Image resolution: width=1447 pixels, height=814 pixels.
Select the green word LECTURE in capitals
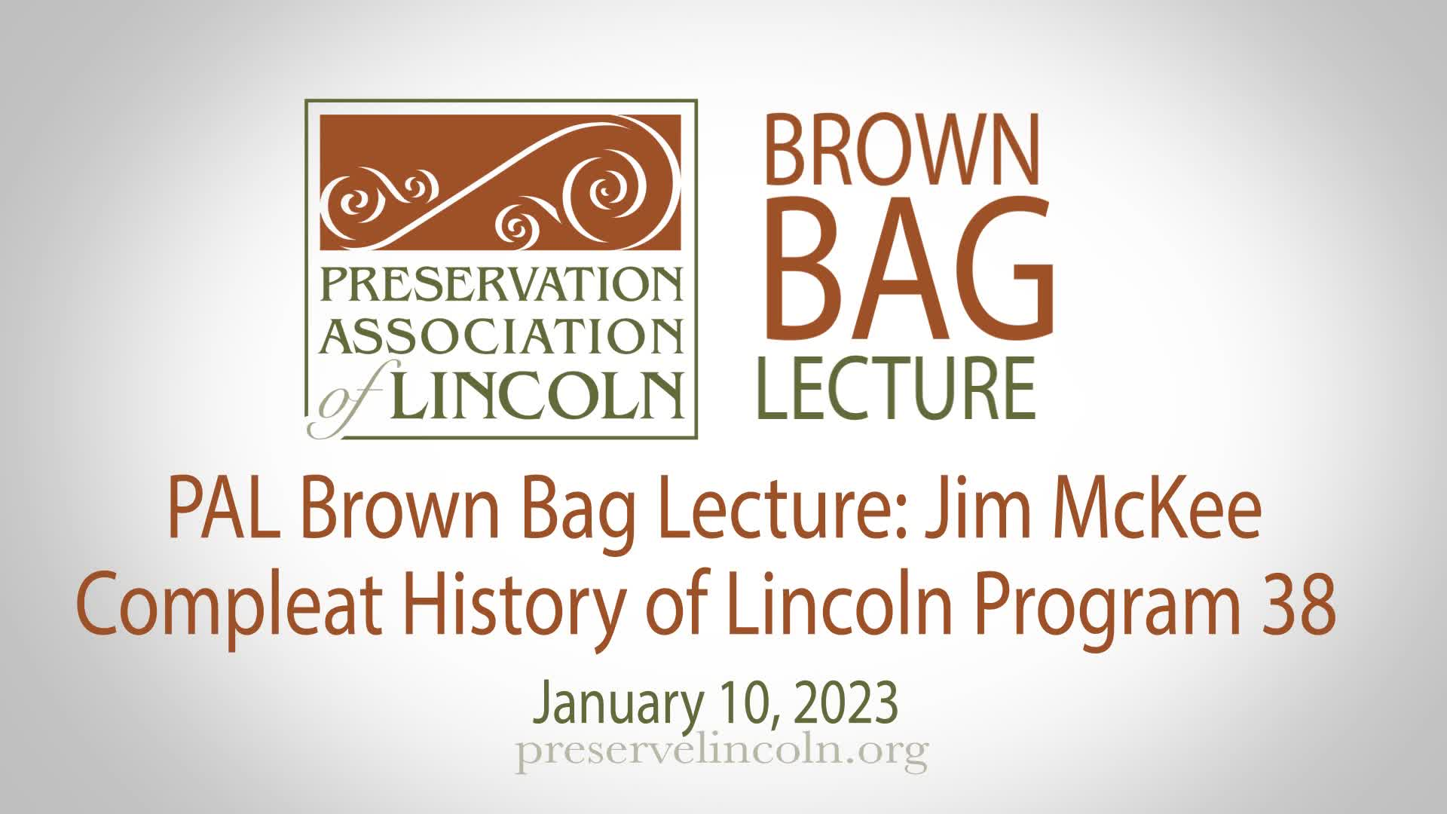coord(896,387)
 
